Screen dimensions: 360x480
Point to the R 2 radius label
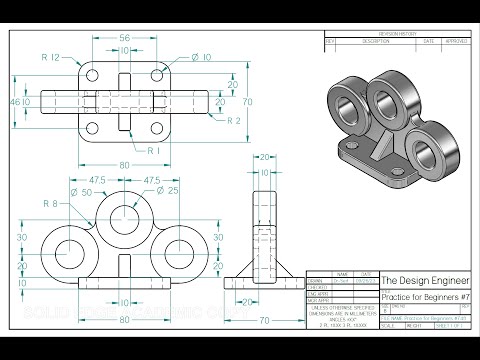[232, 120]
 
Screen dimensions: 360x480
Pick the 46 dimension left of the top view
[15, 103]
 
